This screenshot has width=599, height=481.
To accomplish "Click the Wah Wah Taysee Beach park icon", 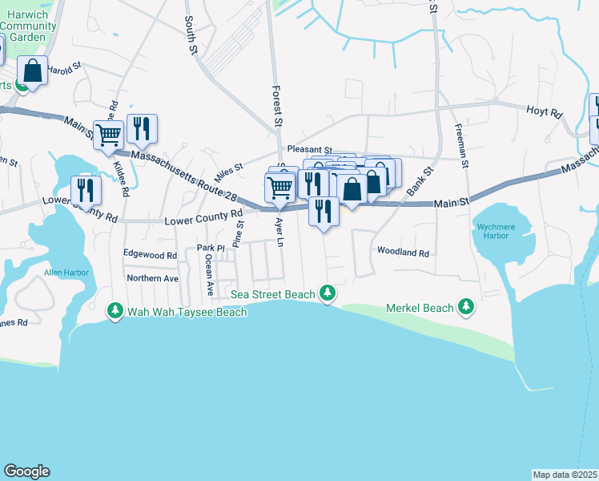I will [115, 310].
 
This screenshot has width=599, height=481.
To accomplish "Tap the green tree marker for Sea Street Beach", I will [326, 293].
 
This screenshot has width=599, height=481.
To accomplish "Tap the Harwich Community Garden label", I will [28, 26].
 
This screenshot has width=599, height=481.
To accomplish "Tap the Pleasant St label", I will [310, 149].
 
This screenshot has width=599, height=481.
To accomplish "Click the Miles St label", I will [227, 171].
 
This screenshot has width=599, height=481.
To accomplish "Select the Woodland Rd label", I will [404, 253].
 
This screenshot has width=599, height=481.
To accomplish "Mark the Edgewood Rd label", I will [150, 254].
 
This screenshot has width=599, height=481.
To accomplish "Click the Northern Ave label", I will [152, 278].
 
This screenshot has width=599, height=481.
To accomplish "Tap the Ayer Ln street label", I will [279, 232].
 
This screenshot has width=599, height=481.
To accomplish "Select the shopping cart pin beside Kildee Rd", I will [108, 135].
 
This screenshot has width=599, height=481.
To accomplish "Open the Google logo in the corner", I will [26, 471].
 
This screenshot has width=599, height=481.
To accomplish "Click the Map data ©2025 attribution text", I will [565, 475].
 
